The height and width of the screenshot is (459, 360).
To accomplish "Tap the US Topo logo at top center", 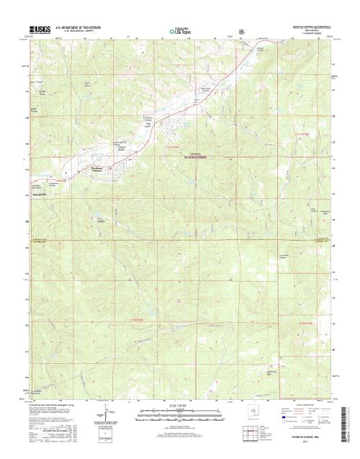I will point(180,31).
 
